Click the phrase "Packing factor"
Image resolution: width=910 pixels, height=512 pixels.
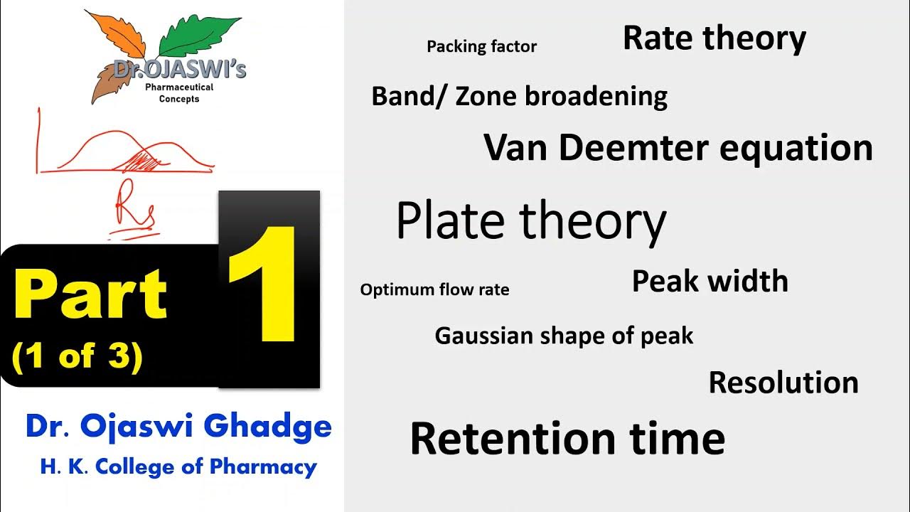click(x=481, y=47)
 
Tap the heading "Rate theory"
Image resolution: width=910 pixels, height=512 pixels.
click(x=714, y=38)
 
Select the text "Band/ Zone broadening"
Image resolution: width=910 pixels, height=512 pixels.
click(x=519, y=96)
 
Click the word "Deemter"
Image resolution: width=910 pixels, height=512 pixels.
click(x=633, y=148)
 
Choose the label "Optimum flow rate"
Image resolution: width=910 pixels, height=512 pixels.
click(x=434, y=290)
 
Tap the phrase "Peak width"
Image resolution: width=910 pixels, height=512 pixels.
click(x=710, y=282)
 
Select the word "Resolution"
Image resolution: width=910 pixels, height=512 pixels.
click(x=783, y=383)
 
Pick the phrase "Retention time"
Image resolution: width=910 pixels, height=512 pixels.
click(x=567, y=438)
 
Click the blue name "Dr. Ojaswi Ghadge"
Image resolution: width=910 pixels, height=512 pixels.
click(x=178, y=427)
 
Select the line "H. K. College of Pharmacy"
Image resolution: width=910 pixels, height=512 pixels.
click(x=178, y=466)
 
